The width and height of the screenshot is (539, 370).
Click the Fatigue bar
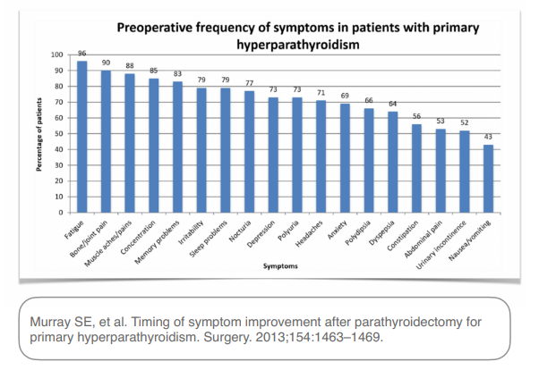tap(81, 137)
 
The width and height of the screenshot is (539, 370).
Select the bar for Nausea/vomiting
tap(488, 179)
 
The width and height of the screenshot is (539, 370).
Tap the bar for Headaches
tap(321, 156)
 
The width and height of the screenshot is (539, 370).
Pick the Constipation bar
tap(416, 169)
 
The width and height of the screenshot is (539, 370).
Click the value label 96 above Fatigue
tap(81, 54)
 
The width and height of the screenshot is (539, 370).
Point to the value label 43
tap(488, 137)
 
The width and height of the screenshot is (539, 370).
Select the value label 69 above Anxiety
tap(345, 96)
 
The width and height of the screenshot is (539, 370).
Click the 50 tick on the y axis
tap(59, 134)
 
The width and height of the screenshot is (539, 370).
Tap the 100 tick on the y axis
tap(57, 55)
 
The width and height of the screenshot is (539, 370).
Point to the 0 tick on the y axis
tap(61, 213)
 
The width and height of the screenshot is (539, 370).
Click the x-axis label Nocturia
tap(240, 231)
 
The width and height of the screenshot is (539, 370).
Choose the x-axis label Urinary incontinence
tap(441, 245)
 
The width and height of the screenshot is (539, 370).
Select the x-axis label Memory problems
tap(157, 242)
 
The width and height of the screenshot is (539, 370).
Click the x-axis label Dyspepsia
tap(381, 232)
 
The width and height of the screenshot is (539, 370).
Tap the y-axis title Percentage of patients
tap(39, 135)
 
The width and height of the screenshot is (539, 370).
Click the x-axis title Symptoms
tap(280, 266)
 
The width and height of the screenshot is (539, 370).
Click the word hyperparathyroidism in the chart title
tap(298, 45)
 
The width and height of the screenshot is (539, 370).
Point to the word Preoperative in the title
tap(154, 28)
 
